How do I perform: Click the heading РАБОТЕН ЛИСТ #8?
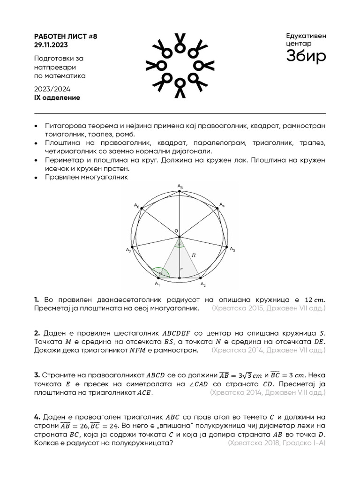coord(66,37)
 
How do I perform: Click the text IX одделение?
coord(57,97)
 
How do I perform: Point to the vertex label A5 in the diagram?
coord(180,187)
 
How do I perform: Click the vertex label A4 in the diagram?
coord(222,205)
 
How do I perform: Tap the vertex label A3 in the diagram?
coord(232,250)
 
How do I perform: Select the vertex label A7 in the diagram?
coord(128,250)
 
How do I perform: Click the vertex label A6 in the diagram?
coord(136,205)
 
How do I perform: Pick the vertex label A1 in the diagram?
coord(157,285)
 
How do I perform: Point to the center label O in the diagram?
coord(176,231)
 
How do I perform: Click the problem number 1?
coord(37,300)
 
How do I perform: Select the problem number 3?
coord(37,375)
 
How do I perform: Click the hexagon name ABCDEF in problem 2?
coord(176,333)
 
